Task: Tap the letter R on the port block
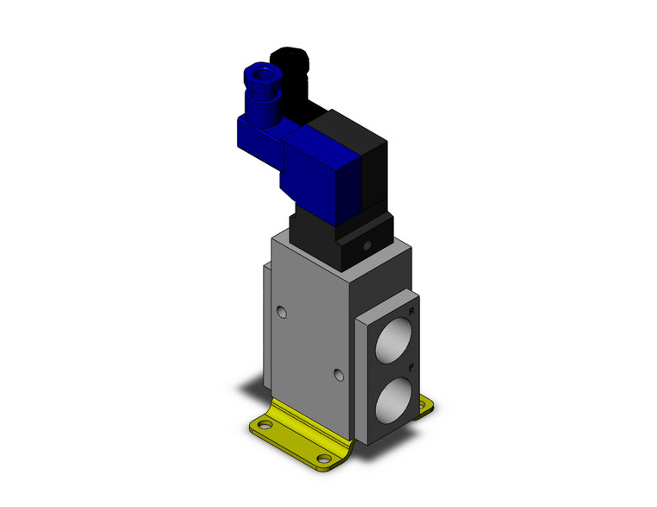click(411, 310)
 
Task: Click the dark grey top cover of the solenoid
click(342, 124)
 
